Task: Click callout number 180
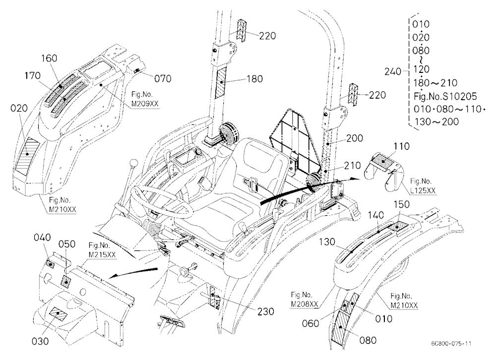[254, 78]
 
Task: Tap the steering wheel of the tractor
[161, 201]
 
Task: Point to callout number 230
[265, 311]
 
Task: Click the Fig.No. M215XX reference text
[102, 250]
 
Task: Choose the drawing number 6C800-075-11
[451, 344]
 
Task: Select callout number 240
[392, 72]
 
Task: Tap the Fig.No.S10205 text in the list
[445, 96]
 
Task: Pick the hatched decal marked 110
[385, 161]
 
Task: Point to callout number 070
[163, 78]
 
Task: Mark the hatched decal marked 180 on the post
[221, 82]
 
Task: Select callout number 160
[49, 58]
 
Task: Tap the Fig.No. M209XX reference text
[144, 99]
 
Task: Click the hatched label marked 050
[66, 281]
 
